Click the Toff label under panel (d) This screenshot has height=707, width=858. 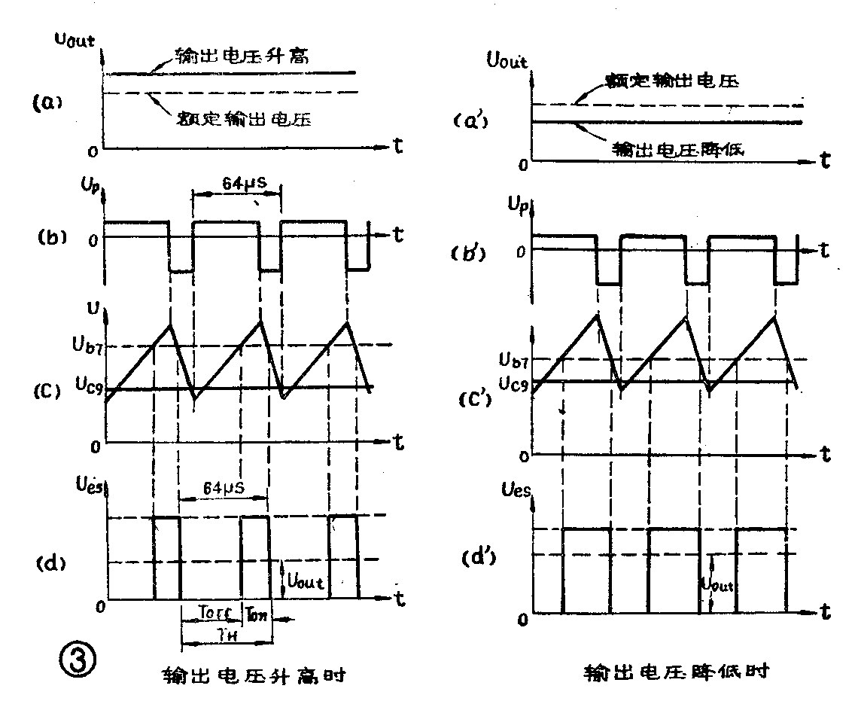pos(210,614)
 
